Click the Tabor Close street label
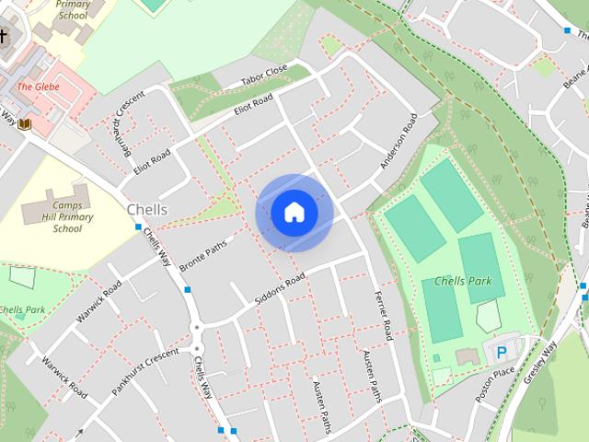tap(265, 76)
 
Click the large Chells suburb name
tap(147, 210)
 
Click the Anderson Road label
tap(398, 141)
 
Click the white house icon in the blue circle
tap(294, 213)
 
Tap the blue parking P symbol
tap(502, 353)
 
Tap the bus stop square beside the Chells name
tap(138, 227)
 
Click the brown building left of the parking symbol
tap(468, 356)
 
